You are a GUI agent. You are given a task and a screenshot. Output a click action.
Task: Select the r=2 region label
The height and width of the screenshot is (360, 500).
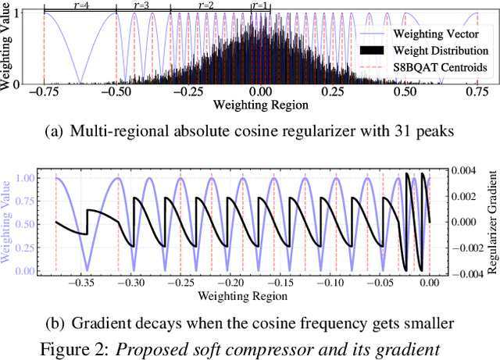tap(209, 5)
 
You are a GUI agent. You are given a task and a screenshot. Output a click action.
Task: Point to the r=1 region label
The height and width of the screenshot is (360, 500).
tap(260, 5)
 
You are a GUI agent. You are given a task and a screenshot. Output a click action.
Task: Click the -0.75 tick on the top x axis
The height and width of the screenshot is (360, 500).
tap(43, 91)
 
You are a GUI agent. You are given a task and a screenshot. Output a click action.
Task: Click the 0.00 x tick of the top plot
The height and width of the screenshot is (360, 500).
tap(260, 91)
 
